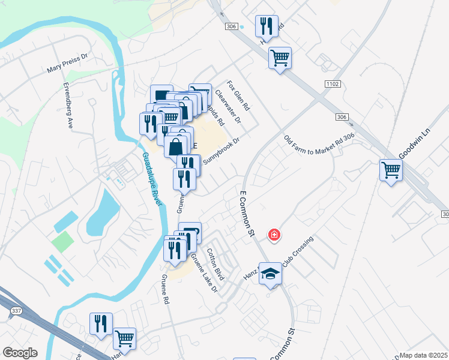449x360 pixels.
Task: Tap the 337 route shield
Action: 16,310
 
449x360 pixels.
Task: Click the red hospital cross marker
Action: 274,235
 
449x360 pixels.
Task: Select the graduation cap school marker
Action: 271,274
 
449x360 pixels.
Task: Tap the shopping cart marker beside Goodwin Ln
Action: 391,170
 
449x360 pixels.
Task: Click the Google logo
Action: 20,353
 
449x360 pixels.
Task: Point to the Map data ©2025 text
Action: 424,355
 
